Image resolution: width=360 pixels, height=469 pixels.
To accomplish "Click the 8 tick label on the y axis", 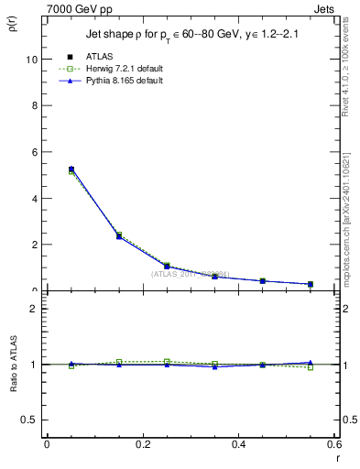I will pyautogui.click(x=33, y=105).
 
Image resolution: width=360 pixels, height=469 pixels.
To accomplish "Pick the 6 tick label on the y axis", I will pyautogui.click(x=33, y=152).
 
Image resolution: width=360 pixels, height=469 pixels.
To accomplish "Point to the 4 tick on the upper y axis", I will pyautogui.click(x=33, y=199).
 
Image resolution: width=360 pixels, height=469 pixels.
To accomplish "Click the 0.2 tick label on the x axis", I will pyautogui.click(x=142, y=443).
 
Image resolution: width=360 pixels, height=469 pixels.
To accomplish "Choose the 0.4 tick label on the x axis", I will pyautogui.click(x=239, y=443).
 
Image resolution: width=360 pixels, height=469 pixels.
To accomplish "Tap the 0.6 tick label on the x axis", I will pyautogui.click(x=335, y=443).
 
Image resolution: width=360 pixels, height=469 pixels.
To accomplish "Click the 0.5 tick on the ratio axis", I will pyautogui.click(x=28, y=420).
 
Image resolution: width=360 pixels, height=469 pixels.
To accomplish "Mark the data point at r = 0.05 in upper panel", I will pyautogui.click(x=71, y=169).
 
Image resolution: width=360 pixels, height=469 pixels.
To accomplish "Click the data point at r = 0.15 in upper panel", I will pyautogui.click(x=119, y=236).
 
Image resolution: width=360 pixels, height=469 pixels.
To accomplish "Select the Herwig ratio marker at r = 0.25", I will pyautogui.click(x=167, y=362).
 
